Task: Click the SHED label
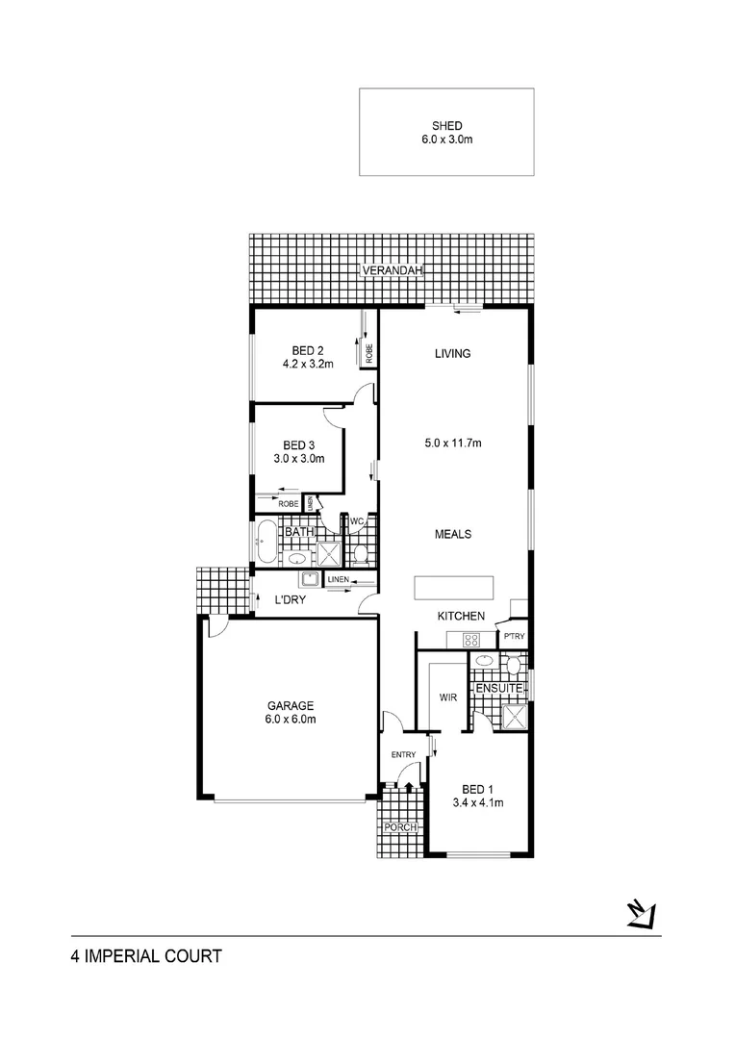click(446, 125)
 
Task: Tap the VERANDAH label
click(392, 272)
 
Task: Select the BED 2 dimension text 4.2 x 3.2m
click(308, 365)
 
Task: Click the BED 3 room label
click(298, 444)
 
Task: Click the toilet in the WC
click(361, 554)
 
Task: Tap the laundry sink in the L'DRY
click(310, 579)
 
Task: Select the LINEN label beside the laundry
click(337, 580)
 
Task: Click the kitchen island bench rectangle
click(453, 587)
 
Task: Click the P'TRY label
click(513, 635)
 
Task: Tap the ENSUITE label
click(497, 689)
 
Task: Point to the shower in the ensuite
click(515, 717)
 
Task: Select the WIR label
click(446, 697)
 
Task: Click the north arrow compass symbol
click(642, 913)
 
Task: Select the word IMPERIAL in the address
click(135, 956)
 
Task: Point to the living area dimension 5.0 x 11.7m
click(453, 443)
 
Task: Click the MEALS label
click(452, 534)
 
